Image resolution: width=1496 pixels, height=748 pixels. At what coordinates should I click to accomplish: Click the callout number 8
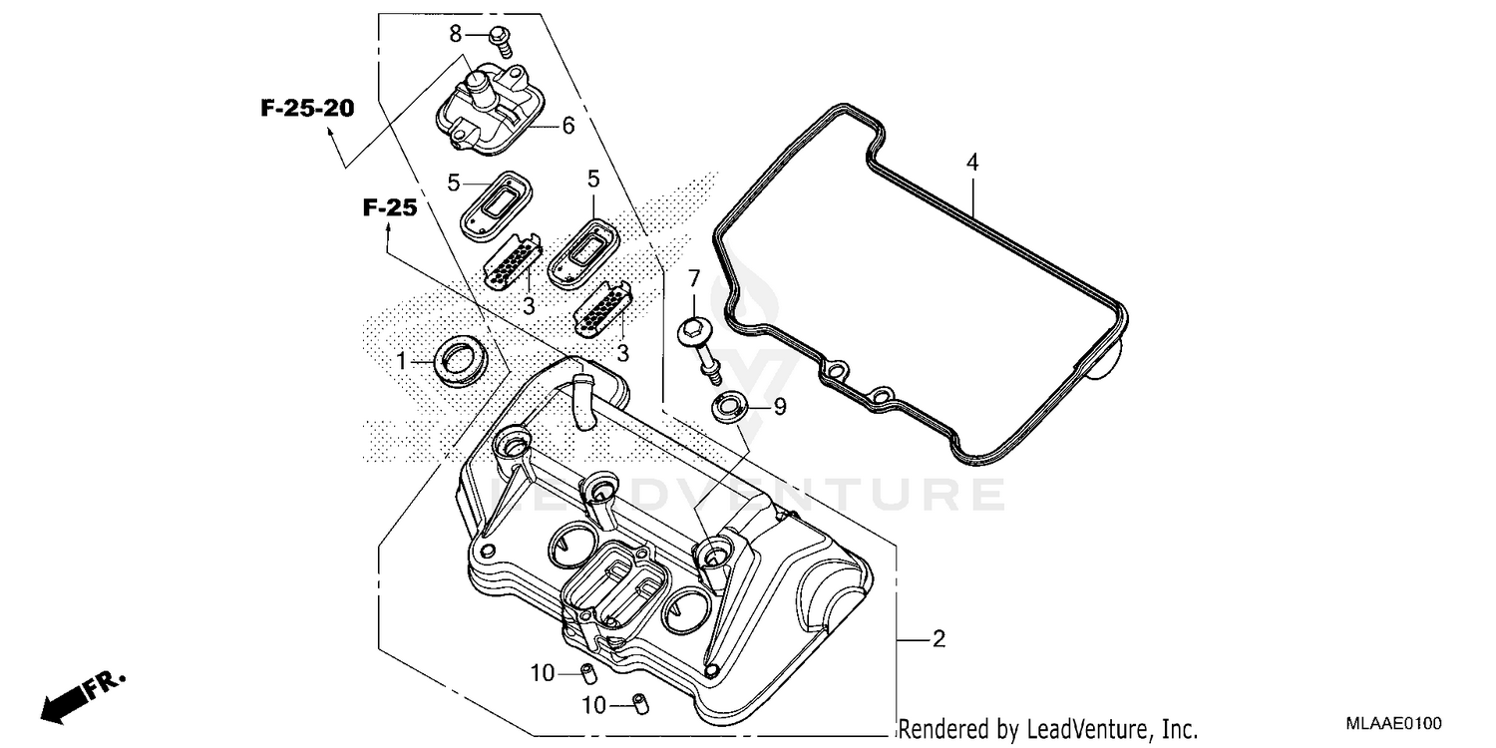click(456, 33)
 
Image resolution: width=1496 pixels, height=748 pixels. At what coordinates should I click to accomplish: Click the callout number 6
click(567, 126)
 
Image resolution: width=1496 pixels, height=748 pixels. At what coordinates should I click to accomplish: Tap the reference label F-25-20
click(307, 109)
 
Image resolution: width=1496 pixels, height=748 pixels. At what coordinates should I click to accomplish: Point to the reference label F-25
click(388, 207)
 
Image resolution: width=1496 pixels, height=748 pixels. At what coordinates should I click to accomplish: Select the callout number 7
click(694, 276)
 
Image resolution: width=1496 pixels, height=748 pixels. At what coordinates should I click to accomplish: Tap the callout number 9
click(779, 406)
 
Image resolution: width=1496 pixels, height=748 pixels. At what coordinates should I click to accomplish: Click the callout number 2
click(937, 638)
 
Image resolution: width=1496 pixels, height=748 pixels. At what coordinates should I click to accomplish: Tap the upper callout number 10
click(542, 673)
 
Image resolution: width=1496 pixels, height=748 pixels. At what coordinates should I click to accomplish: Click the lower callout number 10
click(593, 706)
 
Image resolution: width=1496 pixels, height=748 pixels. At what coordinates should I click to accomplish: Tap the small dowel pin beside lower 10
click(634, 704)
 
